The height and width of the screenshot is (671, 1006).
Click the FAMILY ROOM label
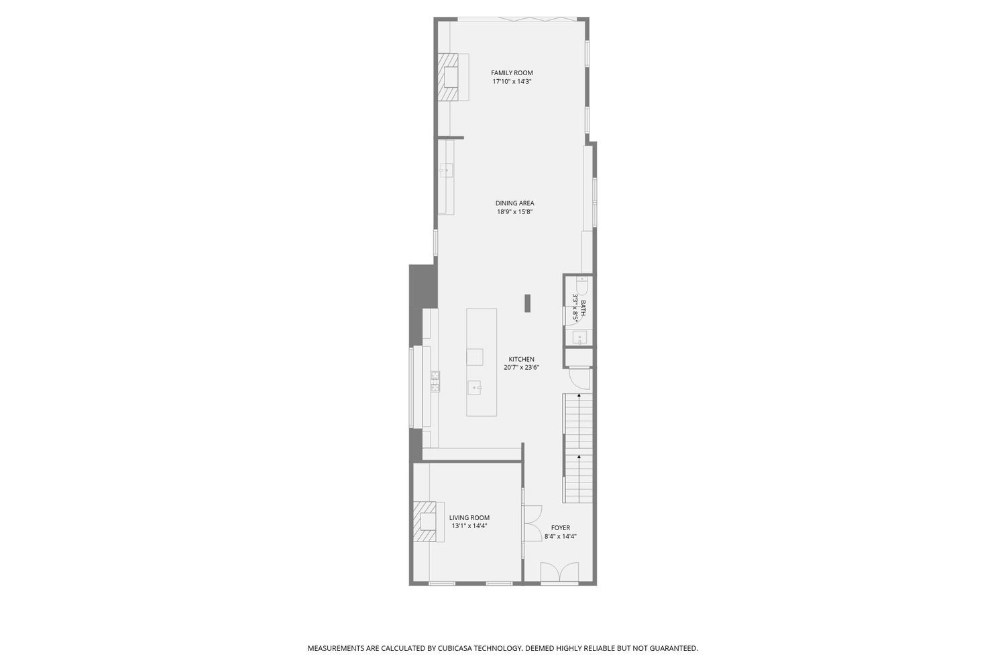point(512,73)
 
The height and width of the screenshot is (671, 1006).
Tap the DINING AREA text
point(514,203)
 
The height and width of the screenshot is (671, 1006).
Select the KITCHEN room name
point(521,359)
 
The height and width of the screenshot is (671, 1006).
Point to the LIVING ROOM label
point(469,517)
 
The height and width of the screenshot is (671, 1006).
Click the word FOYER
point(560,528)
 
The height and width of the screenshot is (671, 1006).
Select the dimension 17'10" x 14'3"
point(512,82)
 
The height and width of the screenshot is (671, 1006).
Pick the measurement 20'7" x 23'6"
point(521,368)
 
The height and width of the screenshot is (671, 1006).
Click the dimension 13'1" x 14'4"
point(469,526)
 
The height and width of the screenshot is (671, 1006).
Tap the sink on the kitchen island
point(475,387)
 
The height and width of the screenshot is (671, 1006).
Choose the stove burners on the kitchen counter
point(435,381)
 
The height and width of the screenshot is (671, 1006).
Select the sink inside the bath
point(579,337)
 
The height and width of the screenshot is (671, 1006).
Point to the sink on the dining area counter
point(445,170)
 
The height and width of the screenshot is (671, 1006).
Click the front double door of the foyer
point(559,573)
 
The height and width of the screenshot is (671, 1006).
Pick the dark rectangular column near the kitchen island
point(528,303)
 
